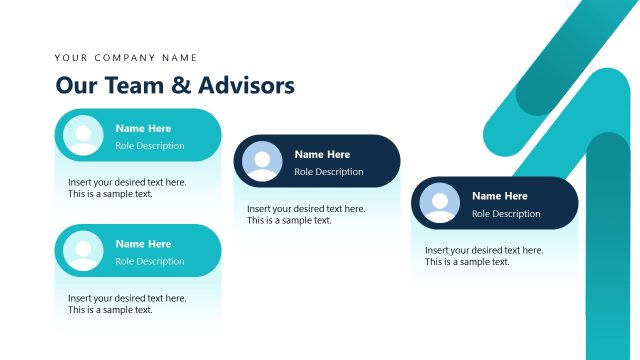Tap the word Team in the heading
click(128, 85)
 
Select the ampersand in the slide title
click(181, 86)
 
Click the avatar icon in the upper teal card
click(83, 135)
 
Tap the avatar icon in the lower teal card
click(83, 250)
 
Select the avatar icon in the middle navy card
click(263, 161)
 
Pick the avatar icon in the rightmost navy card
click(440, 203)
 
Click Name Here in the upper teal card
click(143, 128)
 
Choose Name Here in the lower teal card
click(143, 244)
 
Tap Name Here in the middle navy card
click(322, 154)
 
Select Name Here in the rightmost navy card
click(499, 196)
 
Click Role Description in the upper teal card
click(150, 146)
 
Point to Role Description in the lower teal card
click(150, 262)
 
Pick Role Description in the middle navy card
click(329, 172)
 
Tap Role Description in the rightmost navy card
click(506, 214)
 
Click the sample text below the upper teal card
click(127, 188)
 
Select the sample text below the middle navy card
click(306, 214)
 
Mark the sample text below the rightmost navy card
click(484, 256)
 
